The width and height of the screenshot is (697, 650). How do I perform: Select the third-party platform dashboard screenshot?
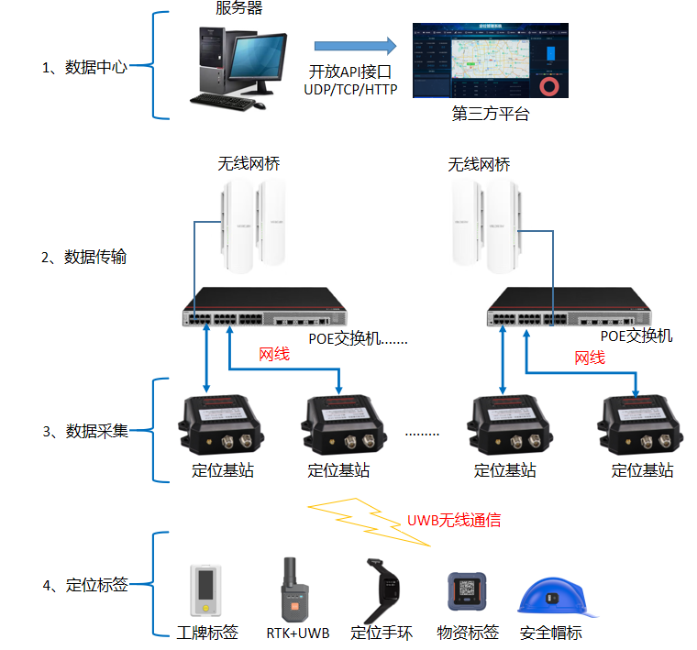click(x=490, y=61)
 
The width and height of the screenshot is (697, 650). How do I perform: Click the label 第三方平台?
click(x=491, y=115)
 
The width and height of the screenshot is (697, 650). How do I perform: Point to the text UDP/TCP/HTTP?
click(x=350, y=89)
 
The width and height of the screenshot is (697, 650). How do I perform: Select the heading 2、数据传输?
click(x=84, y=257)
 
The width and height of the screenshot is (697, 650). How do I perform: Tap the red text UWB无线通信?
click(x=454, y=520)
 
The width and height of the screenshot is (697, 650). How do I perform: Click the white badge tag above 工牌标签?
click(x=206, y=591)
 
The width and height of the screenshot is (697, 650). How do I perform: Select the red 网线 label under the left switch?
click(x=274, y=354)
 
